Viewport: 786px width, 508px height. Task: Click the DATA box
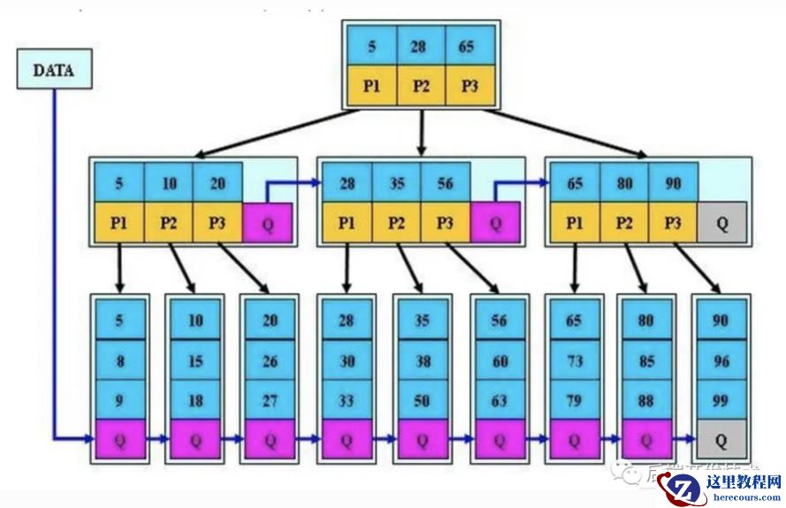pos(53,69)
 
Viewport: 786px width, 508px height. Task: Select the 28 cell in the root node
pos(419,46)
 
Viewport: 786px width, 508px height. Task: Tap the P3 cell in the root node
pos(469,87)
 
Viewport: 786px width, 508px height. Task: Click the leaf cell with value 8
pos(119,360)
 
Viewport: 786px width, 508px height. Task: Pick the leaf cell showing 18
pos(195,400)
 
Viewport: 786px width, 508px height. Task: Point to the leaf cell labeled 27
pos(271,400)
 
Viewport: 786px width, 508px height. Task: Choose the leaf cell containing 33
pos(347,400)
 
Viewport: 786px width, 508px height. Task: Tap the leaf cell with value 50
pos(423,400)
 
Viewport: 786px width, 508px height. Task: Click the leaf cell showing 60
pos(499,360)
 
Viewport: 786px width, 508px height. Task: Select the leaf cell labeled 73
pos(575,360)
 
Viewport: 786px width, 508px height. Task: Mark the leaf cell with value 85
pos(646,360)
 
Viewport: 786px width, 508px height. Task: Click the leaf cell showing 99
pos(721,400)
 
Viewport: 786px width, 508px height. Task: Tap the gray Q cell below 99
pos(721,440)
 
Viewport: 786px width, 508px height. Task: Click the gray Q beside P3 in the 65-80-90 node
pos(723,224)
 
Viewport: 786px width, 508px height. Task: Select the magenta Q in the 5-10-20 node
pos(267,224)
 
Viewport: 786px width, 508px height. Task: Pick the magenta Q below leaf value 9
pos(119,440)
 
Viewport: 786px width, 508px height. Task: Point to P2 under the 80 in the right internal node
pos(624,222)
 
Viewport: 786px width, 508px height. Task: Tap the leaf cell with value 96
pos(721,360)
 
